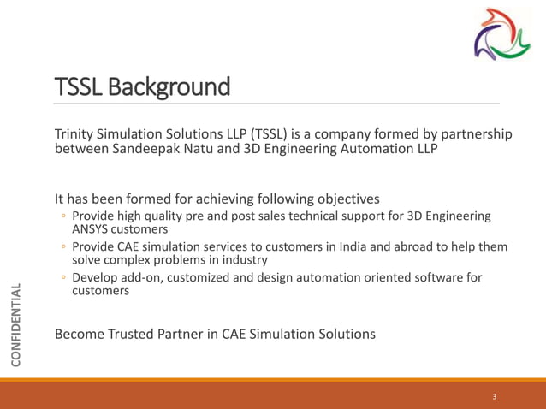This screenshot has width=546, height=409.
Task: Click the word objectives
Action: click(x=348, y=199)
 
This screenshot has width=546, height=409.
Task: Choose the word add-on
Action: click(x=150, y=278)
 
